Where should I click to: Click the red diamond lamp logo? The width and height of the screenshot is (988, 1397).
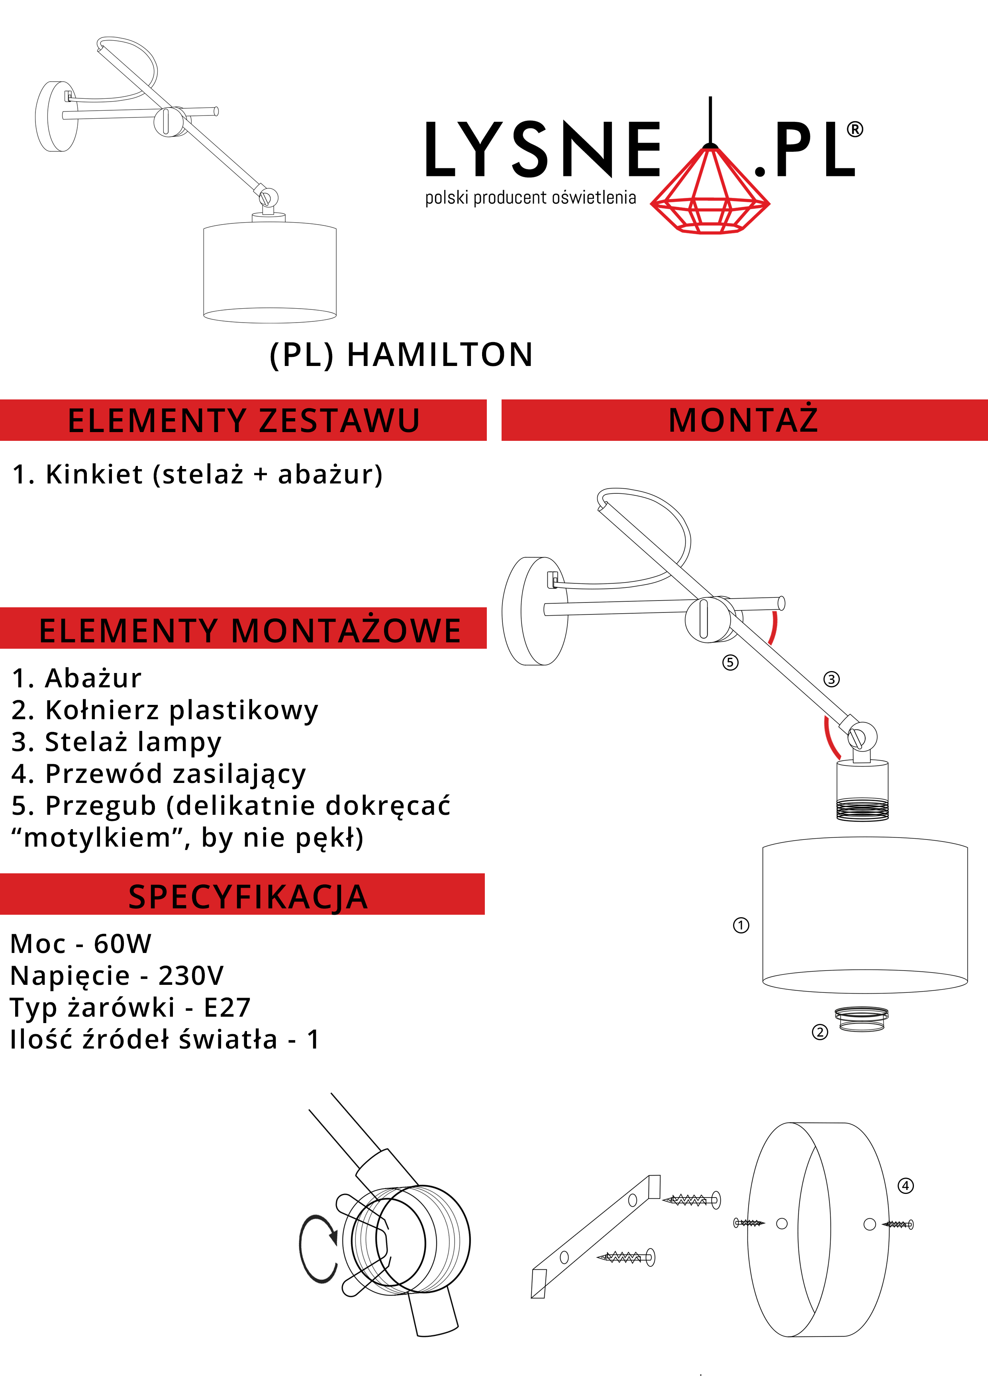tap(710, 189)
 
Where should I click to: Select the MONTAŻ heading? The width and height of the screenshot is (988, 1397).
tap(743, 419)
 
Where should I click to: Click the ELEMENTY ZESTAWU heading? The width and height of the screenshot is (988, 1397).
tap(243, 421)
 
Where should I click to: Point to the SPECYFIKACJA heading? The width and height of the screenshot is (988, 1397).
tap(248, 897)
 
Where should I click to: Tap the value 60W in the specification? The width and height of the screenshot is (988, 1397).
tap(122, 944)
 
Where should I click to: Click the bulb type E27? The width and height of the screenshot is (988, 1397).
tap(227, 1008)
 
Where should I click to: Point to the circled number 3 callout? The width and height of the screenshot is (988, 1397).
tap(831, 679)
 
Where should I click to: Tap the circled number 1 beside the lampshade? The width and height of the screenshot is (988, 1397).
tap(741, 925)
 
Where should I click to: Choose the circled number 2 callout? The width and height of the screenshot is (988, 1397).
tap(820, 1032)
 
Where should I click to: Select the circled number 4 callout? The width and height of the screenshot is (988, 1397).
tap(906, 1185)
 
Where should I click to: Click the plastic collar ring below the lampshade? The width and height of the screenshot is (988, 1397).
tap(861, 1019)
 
